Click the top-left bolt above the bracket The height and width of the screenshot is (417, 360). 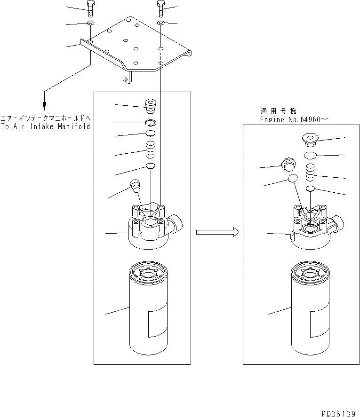(90, 7)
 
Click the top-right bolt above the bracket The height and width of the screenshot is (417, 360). (160, 7)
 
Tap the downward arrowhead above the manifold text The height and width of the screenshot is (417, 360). (45, 106)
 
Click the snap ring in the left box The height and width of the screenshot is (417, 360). (150, 123)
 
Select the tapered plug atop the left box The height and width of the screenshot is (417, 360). (151, 106)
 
